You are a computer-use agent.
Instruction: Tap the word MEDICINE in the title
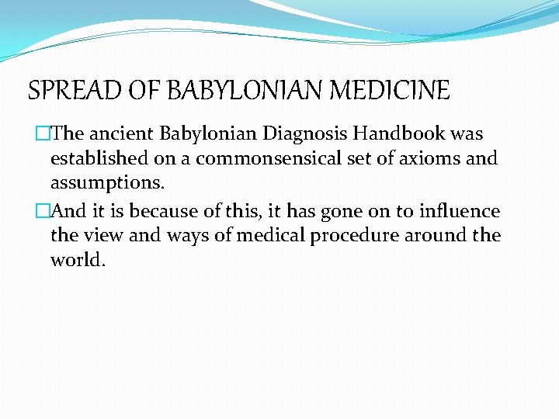click(x=391, y=91)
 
